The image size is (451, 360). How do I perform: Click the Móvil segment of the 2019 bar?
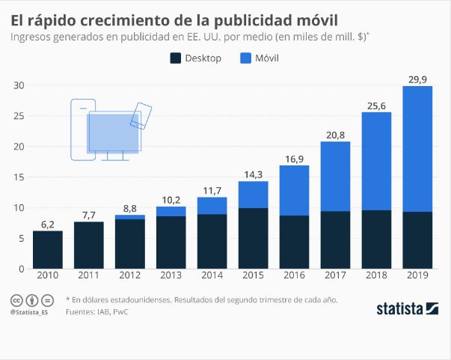(x=417, y=149)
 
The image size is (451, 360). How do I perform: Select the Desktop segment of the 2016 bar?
(x=295, y=242)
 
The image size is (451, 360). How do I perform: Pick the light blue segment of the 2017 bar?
(x=336, y=177)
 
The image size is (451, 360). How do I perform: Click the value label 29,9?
(x=417, y=78)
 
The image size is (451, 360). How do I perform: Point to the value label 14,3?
(x=254, y=174)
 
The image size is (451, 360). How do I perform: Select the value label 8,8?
(x=130, y=207)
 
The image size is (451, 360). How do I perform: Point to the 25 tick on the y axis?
(x=19, y=116)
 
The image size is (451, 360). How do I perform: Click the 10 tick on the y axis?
(x=19, y=207)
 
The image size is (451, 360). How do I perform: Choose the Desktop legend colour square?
(x=177, y=58)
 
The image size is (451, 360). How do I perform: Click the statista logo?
(x=407, y=308)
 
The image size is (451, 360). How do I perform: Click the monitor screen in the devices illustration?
(x=112, y=132)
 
